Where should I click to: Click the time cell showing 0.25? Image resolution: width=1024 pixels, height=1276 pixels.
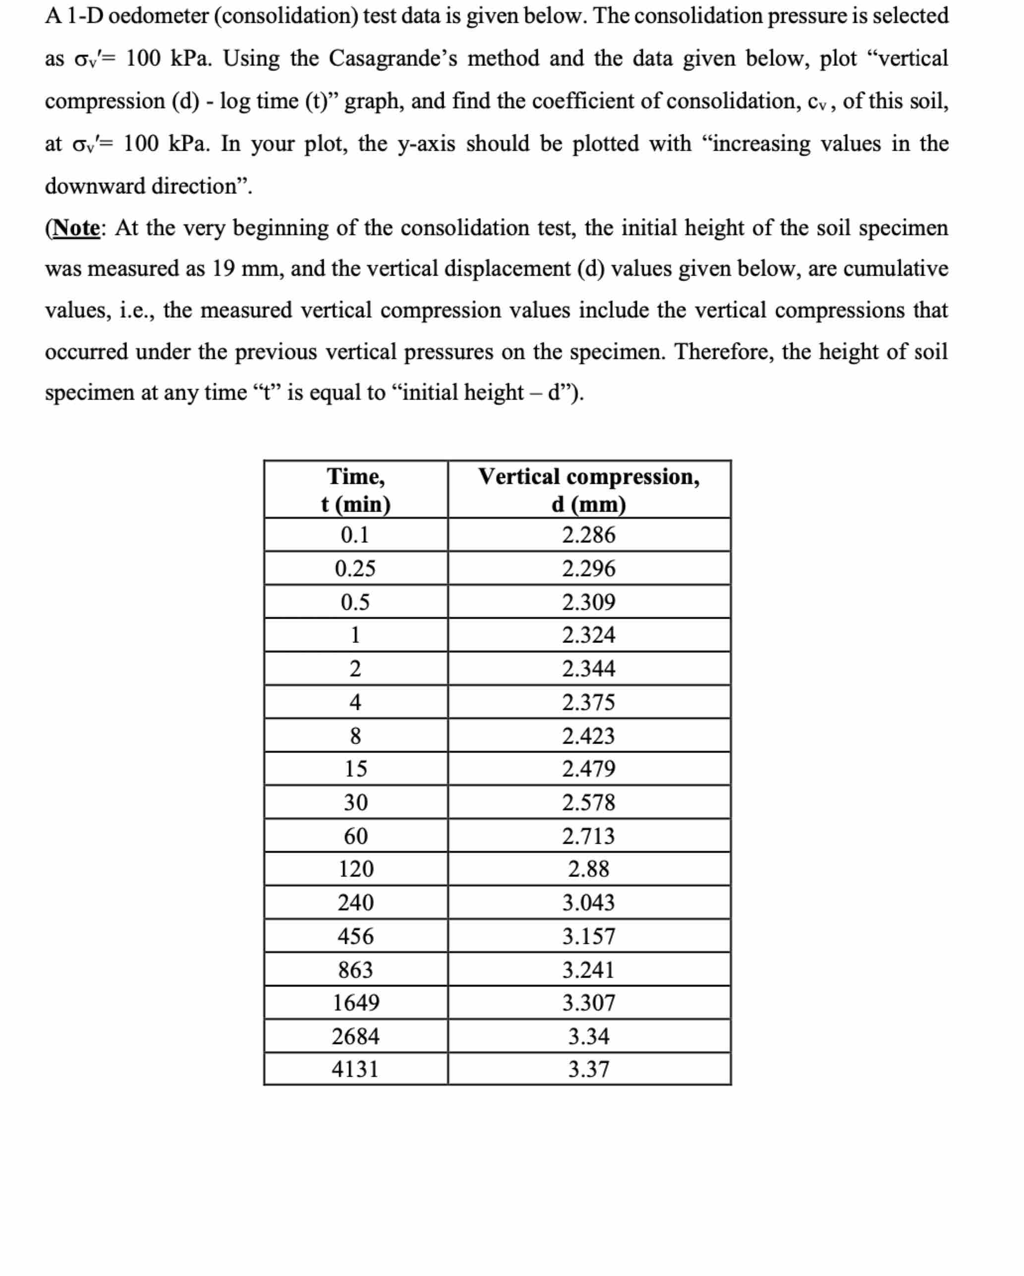tap(355, 569)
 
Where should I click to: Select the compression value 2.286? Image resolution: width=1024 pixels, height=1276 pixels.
tap(588, 535)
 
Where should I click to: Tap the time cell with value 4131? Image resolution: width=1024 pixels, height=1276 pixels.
tap(355, 1069)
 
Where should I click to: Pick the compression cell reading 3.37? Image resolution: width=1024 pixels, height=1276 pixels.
tap(588, 1069)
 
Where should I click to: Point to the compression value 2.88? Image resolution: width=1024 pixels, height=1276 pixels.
tap(588, 869)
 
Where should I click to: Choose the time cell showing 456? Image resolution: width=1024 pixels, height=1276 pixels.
tap(355, 936)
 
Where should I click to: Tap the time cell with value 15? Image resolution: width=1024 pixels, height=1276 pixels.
tap(355, 769)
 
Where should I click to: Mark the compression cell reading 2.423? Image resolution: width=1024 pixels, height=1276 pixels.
tap(588, 736)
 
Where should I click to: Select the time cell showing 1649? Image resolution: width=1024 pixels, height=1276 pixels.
tap(355, 1002)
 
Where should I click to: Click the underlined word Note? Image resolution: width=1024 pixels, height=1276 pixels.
tap(76, 228)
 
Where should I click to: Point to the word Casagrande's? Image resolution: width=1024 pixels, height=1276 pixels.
tap(393, 58)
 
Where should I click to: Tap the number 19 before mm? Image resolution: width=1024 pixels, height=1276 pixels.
tap(224, 269)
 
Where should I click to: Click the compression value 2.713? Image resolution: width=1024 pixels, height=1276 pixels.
tap(588, 836)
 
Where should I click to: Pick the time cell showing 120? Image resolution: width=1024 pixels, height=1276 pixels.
tap(355, 869)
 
